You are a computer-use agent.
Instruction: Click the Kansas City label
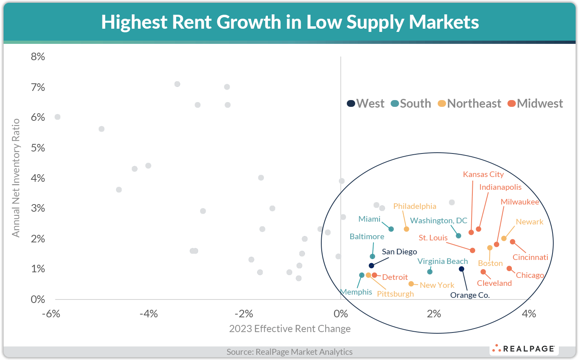(483, 174)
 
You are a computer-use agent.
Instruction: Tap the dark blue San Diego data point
(372, 266)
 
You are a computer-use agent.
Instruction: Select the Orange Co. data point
(462, 269)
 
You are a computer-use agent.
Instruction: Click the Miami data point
(391, 229)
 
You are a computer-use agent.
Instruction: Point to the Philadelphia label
(415, 206)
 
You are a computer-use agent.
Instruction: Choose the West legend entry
(366, 104)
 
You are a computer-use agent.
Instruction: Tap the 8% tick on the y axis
(38, 57)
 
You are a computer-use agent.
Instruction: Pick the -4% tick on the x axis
(148, 314)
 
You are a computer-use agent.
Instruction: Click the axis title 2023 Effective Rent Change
(290, 329)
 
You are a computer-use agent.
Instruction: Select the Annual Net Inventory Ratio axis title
(16, 178)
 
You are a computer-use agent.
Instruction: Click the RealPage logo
(524, 349)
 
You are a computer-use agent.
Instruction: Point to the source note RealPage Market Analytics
(289, 352)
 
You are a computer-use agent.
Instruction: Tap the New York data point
(411, 284)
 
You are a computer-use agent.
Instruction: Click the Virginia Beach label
(442, 261)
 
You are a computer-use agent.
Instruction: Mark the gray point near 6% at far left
(57, 117)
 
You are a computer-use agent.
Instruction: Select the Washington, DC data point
(458, 236)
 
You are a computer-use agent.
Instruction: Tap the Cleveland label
(494, 283)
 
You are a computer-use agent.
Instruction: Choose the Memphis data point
(362, 275)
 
